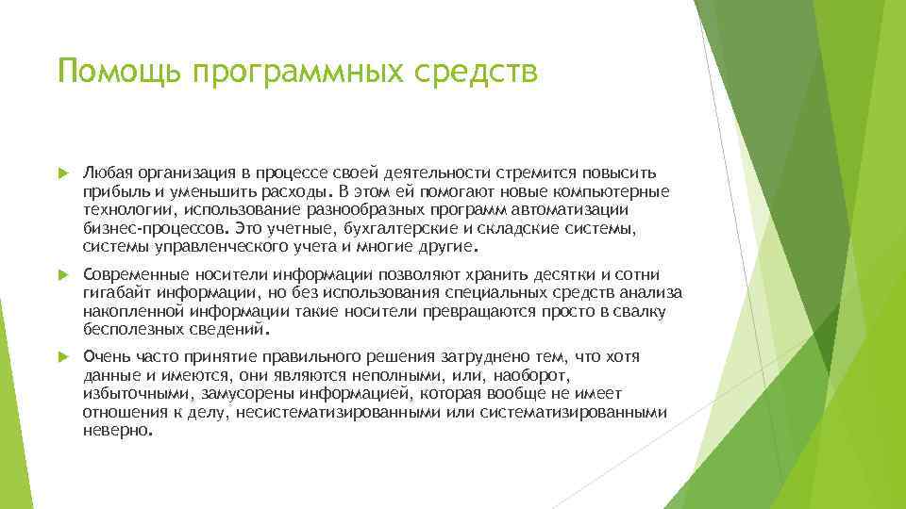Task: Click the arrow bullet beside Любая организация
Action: point(62,173)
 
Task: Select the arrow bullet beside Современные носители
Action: point(62,273)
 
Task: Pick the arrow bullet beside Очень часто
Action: point(62,356)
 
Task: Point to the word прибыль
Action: point(111,191)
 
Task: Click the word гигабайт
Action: point(115,292)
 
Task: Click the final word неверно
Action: point(115,430)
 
